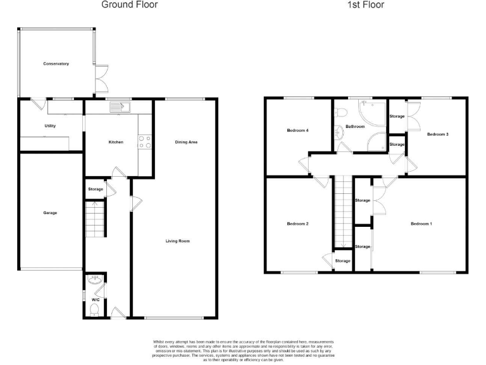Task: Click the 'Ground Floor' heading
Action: tap(130, 5)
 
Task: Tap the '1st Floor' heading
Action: tap(365, 5)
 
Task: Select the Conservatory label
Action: tap(56, 64)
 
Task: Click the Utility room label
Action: tap(50, 125)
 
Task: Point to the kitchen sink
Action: tap(118, 108)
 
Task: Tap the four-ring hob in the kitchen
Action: tap(144, 142)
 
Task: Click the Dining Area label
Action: tap(186, 142)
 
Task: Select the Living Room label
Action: tap(178, 241)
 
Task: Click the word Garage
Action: tap(50, 213)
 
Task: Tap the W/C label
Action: tap(96, 299)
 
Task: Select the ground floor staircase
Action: tap(94, 219)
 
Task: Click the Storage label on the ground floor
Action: tap(95, 189)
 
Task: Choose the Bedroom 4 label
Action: tap(297, 131)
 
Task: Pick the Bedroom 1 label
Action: tap(421, 224)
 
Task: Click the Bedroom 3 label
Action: tap(437, 134)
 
